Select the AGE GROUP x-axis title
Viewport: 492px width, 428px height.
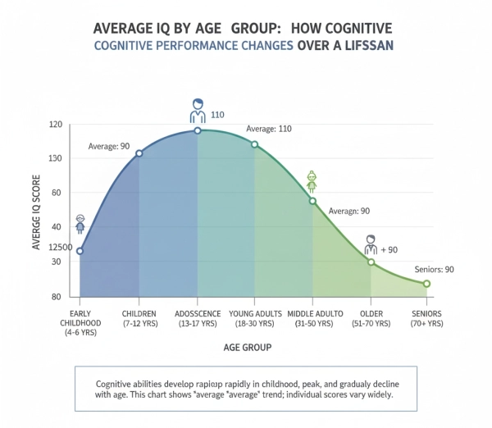[x=247, y=347]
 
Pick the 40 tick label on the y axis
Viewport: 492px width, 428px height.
[x=56, y=227]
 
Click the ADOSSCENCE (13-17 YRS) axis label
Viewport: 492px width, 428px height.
[x=197, y=319]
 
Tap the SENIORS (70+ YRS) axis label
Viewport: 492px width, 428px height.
[x=427, y=319]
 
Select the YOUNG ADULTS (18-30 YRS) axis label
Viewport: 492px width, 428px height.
[x=255, y=319]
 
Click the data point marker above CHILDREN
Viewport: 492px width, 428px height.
[x=139, y=153]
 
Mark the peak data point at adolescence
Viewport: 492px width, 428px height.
[x=198, y=130]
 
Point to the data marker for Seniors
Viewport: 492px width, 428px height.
[x=426, y=284]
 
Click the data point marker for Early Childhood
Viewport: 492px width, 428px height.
[x=80, y=251]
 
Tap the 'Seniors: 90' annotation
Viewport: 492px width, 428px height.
[x=434, y=269]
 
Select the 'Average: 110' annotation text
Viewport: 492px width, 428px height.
[x=268, y=129]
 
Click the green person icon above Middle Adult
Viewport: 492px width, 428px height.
[x=312, y=181]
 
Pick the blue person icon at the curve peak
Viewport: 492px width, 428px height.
[x=198, y=111]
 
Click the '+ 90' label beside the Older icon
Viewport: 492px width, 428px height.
[x=389, y=249]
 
